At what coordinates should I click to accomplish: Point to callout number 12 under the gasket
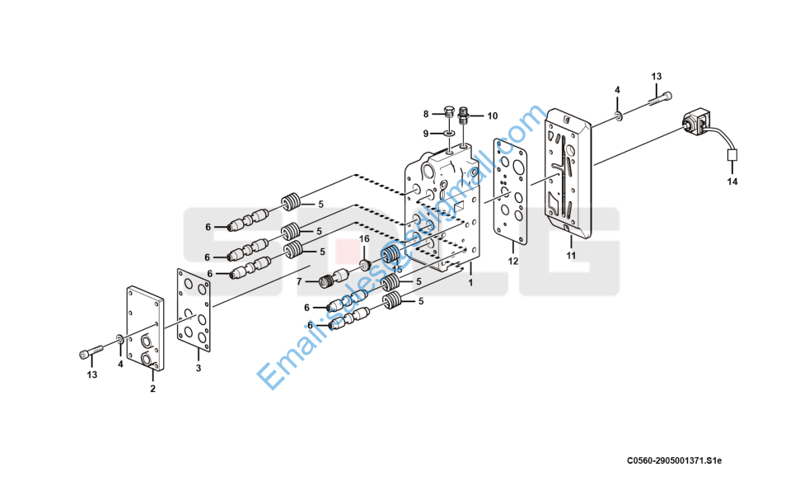point(512,262)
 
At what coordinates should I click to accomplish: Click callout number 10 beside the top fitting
point(493,115)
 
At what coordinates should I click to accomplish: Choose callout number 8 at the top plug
point(427,114)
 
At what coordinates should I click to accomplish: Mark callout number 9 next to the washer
point(427,133)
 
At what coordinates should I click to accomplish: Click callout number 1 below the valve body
point(470,282)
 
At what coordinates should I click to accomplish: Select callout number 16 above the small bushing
point(363,239)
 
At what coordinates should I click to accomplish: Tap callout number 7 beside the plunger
point(300,281)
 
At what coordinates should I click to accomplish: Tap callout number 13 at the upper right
point(657,77)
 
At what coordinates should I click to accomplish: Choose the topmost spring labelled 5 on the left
point(289,200)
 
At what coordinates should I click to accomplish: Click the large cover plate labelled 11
point(568,173)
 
